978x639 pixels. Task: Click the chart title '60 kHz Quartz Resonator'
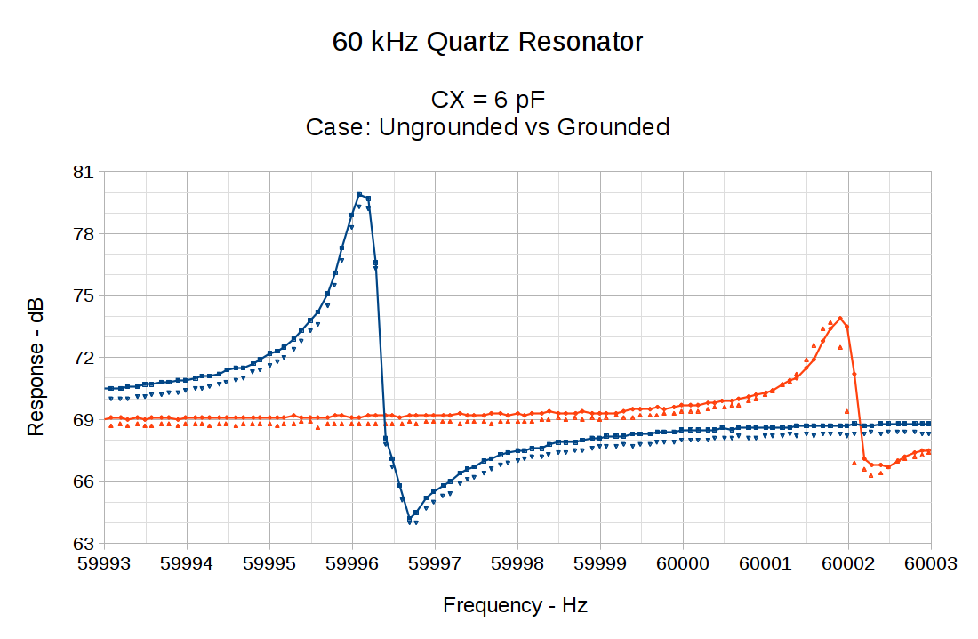click(487, 42)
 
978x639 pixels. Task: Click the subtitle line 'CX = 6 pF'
click(487, 98)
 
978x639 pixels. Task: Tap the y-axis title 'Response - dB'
click(36, 366)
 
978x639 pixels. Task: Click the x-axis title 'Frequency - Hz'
click(515, 606)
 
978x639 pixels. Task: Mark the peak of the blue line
click(359, 194)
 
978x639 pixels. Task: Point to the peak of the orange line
click(840, 318)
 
